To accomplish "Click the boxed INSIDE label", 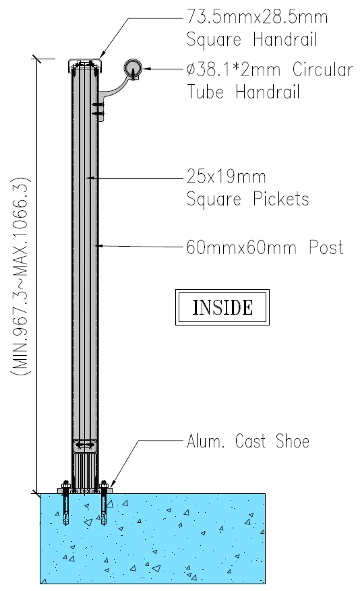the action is pos(222,307).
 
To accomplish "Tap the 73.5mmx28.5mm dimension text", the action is pos(257,17).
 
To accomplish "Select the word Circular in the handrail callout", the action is pos(323,69).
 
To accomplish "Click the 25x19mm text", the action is pos(226,177).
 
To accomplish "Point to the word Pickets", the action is pos(281,199).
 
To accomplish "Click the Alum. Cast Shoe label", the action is pos(248,441).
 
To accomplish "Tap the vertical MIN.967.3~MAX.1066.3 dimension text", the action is pos(21,276).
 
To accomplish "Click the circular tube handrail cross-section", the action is pos(133,69).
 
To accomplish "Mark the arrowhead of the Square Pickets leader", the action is pos(90,177).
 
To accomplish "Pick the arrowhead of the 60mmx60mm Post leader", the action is pos(99,246).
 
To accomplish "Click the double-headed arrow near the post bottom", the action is pos(85,445).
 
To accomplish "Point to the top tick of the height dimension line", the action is pos(36,59).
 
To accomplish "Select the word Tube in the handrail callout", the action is pos(206,92).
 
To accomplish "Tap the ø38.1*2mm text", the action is pos(234,69).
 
